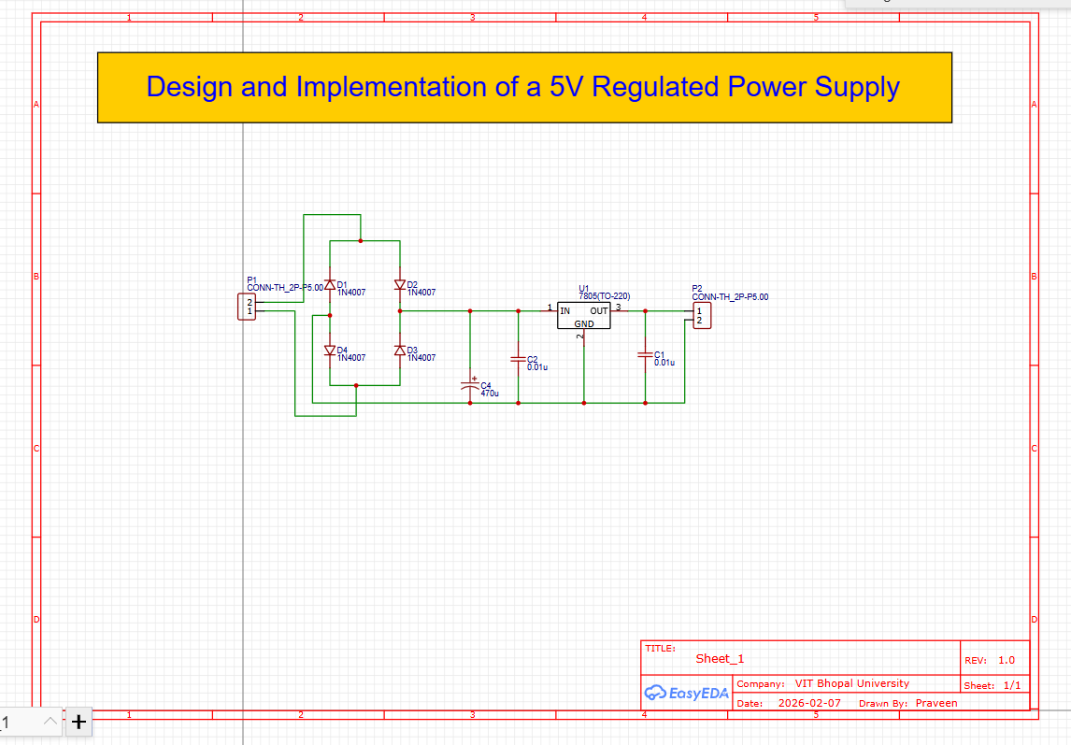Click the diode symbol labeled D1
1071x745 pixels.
tap(329, 285)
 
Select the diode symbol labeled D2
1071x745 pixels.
tap(400, 285)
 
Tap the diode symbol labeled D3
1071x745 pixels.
tap(400, 350)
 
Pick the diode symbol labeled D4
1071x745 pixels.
tap(329, 350)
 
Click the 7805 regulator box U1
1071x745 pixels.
tap(583, 316)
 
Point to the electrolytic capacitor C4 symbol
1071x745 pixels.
tap(470, 384)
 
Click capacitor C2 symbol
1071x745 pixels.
tap(518, 359)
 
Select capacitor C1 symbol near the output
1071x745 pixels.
tap(645, 354)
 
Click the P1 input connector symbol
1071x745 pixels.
tap(246, 307)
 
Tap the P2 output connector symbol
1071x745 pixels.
tap(701, 315)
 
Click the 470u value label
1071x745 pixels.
tap(490, 394)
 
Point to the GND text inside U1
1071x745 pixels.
tap(583, 323)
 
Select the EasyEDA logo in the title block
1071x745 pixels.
tap(686, 693)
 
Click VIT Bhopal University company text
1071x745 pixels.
tap(851, 683)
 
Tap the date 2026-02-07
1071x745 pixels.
tap(809, 703)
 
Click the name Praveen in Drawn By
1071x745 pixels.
tap(936, 703)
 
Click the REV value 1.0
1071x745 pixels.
tap(1006, 660)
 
